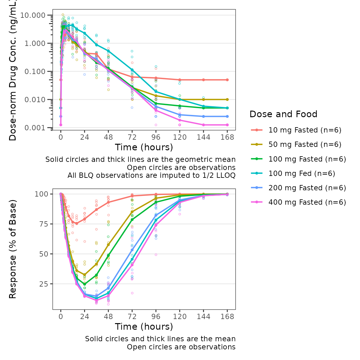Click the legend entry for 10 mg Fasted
click(305, 130)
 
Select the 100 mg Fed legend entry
click(302, 173)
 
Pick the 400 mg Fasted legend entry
click(307, 202)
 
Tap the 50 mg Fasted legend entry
click(305, 144)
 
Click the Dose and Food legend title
click(283, 114)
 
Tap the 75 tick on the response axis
click(41, 224)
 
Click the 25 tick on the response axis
click(41, 284)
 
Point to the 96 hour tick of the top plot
click(156, 137)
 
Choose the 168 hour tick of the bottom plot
click(227, 317)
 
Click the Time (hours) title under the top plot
click(144, 147)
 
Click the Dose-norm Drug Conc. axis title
click(12, 70)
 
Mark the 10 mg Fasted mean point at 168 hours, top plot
click(227, 80)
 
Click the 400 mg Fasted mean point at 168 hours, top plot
click(227, 125)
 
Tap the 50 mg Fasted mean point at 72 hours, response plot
click(132, 212)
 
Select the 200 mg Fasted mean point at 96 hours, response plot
click(156, 215)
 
